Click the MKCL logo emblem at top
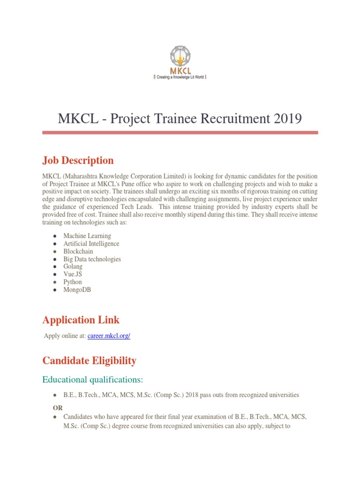click(180, 56)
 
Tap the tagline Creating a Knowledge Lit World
click(180, 76)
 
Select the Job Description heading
click(78, 160)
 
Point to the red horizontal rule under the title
click(180, 133)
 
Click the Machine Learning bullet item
click(87, 236)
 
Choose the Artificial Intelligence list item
click(91, 244)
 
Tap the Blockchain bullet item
click(78, 251)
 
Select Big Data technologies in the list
click(92, 259)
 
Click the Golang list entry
click(73, 267)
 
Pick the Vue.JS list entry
click(73, 274)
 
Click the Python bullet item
click(73, 282)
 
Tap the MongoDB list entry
click(77, 290)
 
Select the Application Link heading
click(81, 320)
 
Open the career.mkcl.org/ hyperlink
click(109, 336)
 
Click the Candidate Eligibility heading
click(89, 360)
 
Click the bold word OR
click(58, 408)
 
